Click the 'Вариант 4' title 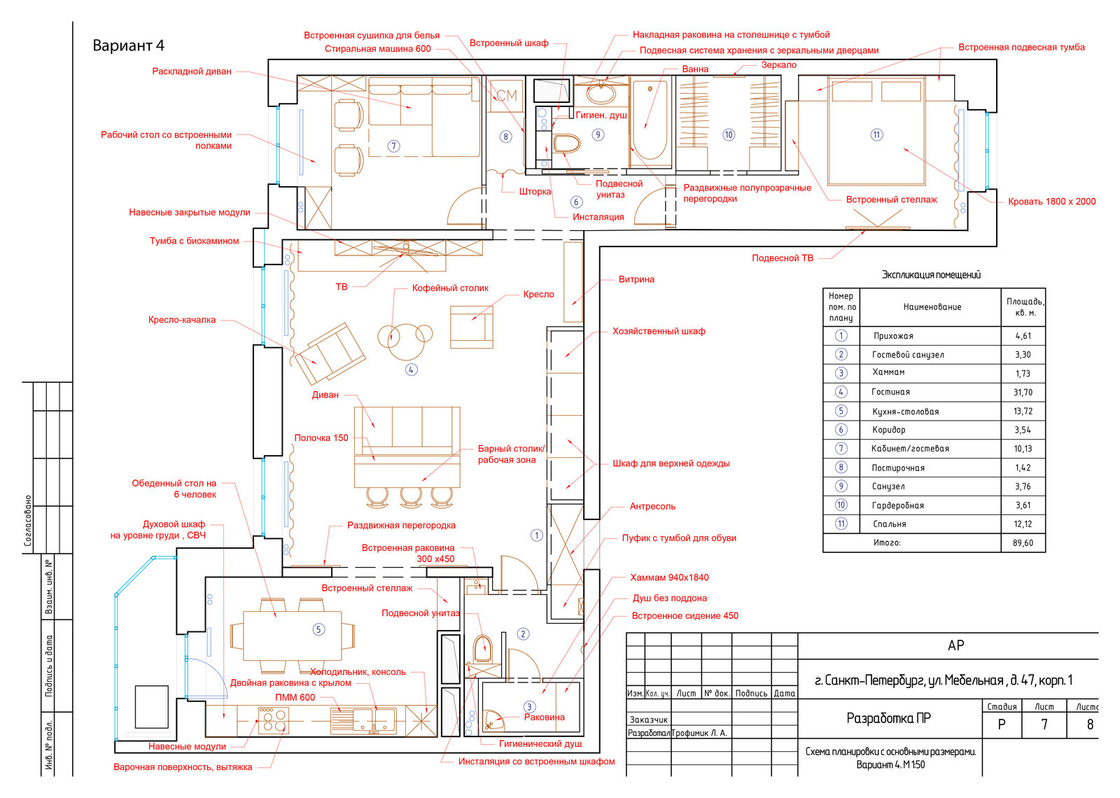click(129, 45)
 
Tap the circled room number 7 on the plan click(394, 146)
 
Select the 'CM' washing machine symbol click(507, 95)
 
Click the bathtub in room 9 click(650, 122)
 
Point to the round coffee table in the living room click(405, 342)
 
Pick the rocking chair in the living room click(330, 353)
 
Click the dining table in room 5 click(293, 635)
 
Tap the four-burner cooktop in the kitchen click(274, 720)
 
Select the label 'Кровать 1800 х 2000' click(1051, 202)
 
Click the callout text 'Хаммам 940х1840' click(669, 577)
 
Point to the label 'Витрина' click(636, 279)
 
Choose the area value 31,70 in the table click(1023, 393)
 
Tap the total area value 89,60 click(1023, 543)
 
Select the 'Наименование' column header click(932, 307)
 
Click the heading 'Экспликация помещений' click(931, 274)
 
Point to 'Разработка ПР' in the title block click(888, 718)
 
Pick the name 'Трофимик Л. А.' click(699, 733)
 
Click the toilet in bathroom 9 click(566, 143)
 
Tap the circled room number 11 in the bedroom click(876, 134)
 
